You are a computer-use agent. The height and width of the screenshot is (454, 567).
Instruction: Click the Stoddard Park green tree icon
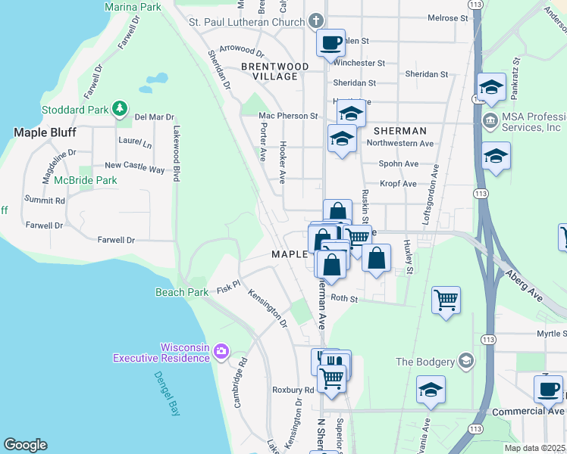click(x=119, y=109)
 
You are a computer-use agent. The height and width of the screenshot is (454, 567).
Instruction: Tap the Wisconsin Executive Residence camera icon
click(x=221, y=350)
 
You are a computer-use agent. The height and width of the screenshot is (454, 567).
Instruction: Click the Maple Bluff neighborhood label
click(x=43, y=132)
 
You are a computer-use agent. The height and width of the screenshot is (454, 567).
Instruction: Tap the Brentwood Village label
click(x=274, y=72)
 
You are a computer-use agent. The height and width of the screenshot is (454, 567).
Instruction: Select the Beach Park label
click(x=182, y=292)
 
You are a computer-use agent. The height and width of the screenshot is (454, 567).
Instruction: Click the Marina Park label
click(x=134, y=7)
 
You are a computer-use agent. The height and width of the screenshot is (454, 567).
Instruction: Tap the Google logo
click(x=25, y=445)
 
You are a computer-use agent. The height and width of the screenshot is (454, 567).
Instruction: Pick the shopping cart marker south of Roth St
click(x=446, y=299)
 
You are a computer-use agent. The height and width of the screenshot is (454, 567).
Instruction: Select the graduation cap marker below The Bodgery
click(x=431, y=390)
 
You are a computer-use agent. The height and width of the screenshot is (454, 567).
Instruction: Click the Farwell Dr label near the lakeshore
click(x=115, y=240)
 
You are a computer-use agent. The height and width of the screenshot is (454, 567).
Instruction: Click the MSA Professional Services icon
click(x=490, y=120)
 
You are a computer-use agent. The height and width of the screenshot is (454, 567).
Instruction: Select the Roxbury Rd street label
click(x=293, y=390)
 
